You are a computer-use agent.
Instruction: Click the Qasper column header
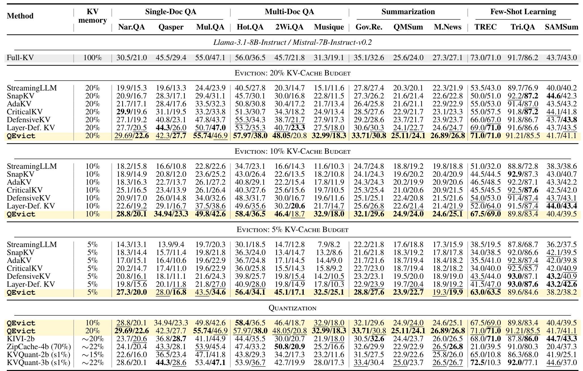(171, 27)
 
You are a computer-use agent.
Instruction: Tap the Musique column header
(329, 27)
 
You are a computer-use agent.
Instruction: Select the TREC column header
(486, 27)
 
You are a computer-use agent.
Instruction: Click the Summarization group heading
(408, 12)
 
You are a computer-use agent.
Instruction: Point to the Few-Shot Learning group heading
(523, 12)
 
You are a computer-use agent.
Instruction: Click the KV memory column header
(93, 16)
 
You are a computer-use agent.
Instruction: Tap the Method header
(20, 16)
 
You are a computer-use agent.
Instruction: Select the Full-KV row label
(20, 58)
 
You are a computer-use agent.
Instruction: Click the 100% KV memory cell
(93, 58)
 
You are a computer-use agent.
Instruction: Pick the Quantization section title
(292, 308)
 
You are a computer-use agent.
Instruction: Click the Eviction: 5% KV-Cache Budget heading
(292, 229)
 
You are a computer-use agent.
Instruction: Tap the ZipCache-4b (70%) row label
(39, 347)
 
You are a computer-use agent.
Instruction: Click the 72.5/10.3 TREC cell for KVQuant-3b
(486, 362)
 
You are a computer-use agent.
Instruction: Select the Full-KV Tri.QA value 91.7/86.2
(523, 58)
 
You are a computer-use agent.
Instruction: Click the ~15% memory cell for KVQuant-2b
(93, 355)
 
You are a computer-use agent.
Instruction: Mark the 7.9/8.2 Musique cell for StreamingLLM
(329, 244)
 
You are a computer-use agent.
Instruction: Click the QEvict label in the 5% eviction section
(21, 292)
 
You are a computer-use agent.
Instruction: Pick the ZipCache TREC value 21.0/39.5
(486, 347)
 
